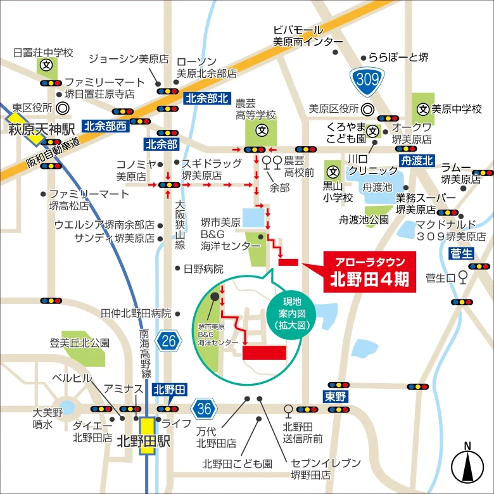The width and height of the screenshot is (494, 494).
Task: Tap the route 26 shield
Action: pyautogui.click(x=168, y=341)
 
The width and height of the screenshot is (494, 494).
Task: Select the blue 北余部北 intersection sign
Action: pyautogui.click(x=206, y=99)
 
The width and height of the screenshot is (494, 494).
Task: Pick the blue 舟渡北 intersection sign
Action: pyautogui.click(x=416, y=160)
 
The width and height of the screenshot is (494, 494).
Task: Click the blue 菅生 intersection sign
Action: pyautogui.click(x=461, y=253)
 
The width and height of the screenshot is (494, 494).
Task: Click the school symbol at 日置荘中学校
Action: pyautogui.click(x=46, y=65)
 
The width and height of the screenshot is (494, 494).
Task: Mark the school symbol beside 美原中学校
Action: pyautogui.click(x=422, y=109)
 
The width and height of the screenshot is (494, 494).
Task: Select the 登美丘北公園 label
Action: pyautogui.click(x=80, y=343)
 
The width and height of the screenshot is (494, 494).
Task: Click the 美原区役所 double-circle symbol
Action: pyautogui.click(x=368, y=109)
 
